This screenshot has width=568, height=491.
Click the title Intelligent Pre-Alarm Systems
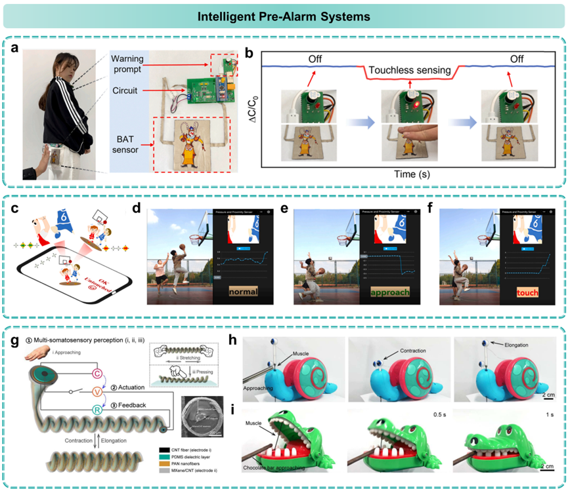(x=283, y=14)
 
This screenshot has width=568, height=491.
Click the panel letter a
(x=15, y=49)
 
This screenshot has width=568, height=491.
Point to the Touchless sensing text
(x=409, y=70)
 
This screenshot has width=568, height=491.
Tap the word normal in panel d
(x=242, y=289)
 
